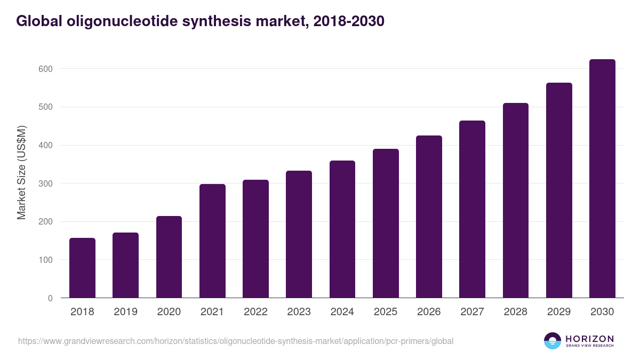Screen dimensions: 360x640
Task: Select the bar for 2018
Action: pyautogui.click(x=82, y=268)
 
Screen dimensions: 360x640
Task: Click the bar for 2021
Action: pyautogui.click(x=212, y=241)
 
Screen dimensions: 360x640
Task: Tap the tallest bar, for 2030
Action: pyautogui.click(x=602, y=179)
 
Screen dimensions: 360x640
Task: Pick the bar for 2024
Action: pyautogui.click(x=342, y=229)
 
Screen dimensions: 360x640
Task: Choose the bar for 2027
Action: pyautogui.click(x=472, y=209)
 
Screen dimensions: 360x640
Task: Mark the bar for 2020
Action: pyautogui.click(x=169, y=257)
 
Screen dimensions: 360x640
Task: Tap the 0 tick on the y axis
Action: pyautogui.click(x=50, y=298)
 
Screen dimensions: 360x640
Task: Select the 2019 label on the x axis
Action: pyautogui.click(x=125, y=312)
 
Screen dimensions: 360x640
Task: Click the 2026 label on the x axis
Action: pyautogui.click(x=429, y=312)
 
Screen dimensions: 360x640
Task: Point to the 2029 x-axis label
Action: pyautogui.click(x=559, y=312)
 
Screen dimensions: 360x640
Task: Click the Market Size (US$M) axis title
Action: pyautogui.click(x=21, y=172)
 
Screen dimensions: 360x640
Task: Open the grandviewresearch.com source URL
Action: pyautogui.click(x=236, y=341)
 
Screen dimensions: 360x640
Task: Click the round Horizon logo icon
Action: pyautogui.click(x=553, y=341)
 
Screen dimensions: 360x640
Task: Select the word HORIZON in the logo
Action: pyautogui.click(x=589, y=339)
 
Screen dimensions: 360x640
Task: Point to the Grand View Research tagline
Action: pyautogui.click(x=589, y=346)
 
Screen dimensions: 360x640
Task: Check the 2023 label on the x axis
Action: pyautogui.click(x=299, y=312)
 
